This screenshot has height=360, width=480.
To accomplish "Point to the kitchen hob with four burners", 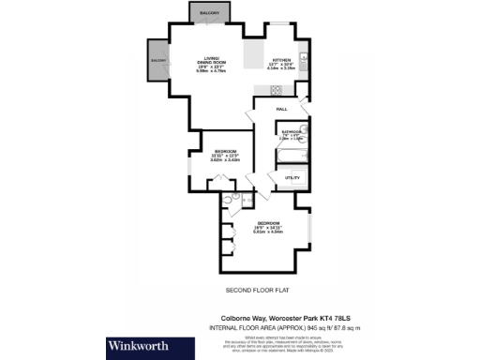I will (277, 90).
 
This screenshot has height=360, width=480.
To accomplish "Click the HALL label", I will (281, 110).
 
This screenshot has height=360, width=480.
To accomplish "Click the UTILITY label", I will (292, 176).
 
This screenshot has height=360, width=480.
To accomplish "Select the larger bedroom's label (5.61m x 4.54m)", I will (269, 224).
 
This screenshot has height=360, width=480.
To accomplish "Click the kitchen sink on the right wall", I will (301, 52).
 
